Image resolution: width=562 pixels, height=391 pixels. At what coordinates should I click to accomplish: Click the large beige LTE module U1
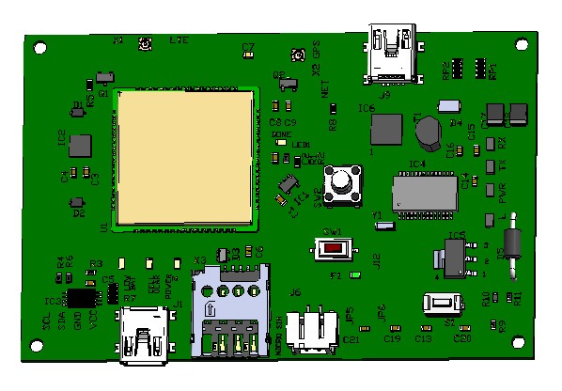click(x=185, y=157)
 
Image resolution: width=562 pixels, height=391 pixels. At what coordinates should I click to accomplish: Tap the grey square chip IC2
click(x=81, y=145)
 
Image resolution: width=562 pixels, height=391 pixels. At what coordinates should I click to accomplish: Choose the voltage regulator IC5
click(x=453, y=255)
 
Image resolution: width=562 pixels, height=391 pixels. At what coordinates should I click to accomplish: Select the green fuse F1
click(x=354, y=276)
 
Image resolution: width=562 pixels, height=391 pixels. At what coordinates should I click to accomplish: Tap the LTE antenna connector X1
click(x=146, y=44)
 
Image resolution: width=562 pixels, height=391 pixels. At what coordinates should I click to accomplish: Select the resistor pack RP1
click(x=481, y=69)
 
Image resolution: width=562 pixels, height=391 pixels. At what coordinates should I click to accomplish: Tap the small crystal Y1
click(x=386, y=224)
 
